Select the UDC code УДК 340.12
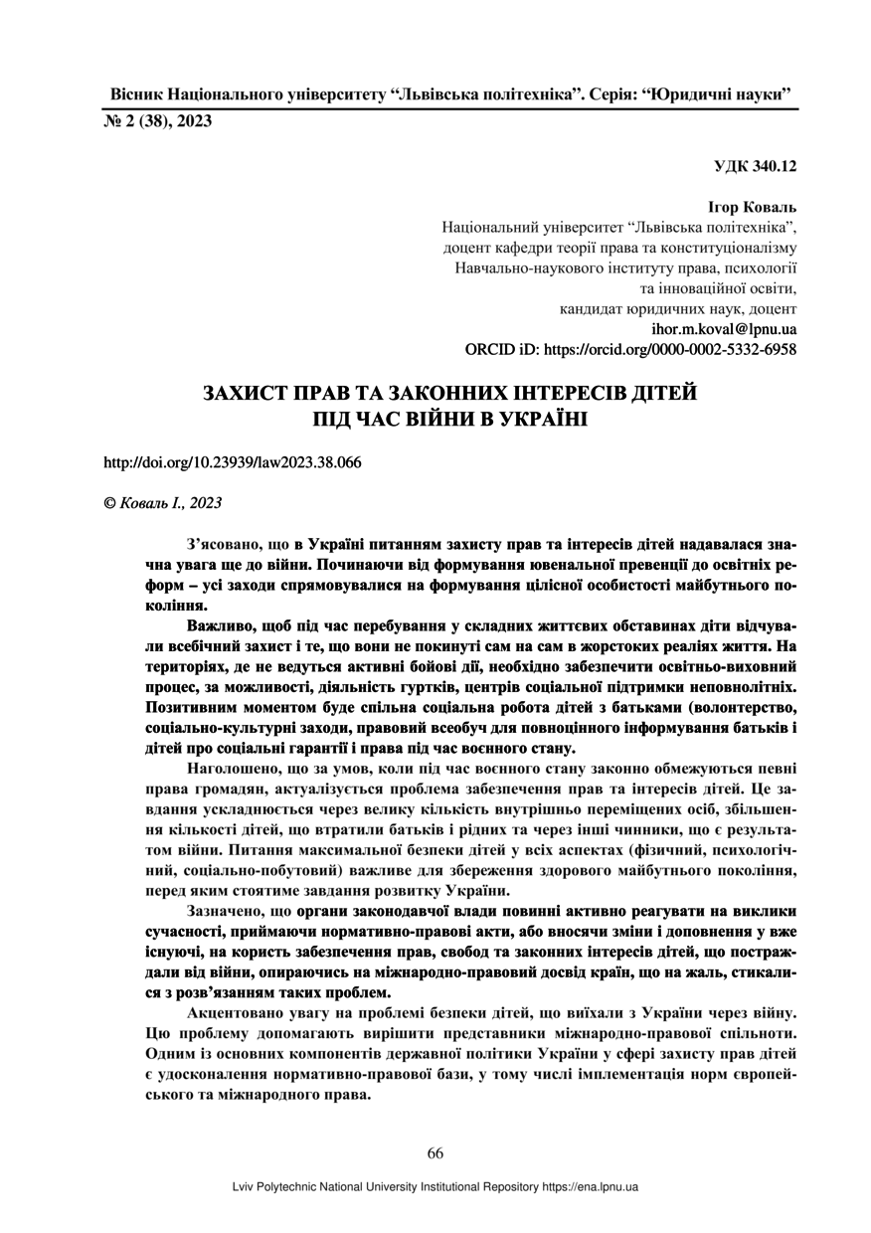[x=755, y=166]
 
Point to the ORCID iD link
[x=630, y=350]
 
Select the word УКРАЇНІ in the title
[x=537, y=419]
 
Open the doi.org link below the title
[x=233, y=462]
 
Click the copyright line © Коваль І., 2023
[x=163, y=503]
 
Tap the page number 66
[x=435, y=1153]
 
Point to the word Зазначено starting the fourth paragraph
[x=227, y=911]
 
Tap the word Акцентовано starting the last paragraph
[x=236, y=1012]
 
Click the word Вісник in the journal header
[x=132, y=95]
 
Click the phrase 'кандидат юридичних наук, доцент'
[x=678, y=308]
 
